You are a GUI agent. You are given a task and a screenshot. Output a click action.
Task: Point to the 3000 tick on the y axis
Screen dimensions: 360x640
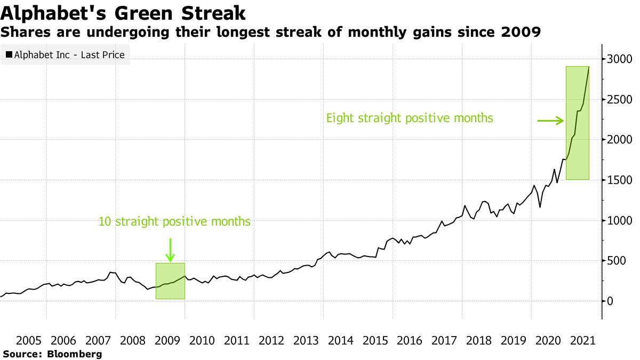tap(619, 59)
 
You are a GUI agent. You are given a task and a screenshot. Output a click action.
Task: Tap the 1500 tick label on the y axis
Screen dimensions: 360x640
tap(619, 180)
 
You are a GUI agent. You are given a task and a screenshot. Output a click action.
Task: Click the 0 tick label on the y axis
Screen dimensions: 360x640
tap(610, 301)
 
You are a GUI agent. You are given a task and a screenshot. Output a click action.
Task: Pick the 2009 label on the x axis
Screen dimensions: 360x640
tap(167, 341)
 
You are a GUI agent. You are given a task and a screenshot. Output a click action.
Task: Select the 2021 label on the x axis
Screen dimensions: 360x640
tap(581, 341)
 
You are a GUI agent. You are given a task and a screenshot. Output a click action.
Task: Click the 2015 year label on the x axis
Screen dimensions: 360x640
tap(374, 341)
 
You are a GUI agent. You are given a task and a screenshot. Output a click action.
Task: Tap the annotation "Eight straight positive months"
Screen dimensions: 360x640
tap(410, 118)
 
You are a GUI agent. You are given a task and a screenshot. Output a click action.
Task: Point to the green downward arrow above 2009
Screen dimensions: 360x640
tap(170, 250)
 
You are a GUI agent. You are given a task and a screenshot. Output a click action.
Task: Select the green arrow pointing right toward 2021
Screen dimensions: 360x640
tap(550, 121)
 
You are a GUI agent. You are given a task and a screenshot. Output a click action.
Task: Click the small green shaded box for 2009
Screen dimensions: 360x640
tap(170, 281)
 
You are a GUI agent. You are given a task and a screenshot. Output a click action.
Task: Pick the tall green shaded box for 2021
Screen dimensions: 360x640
tap(578, 123)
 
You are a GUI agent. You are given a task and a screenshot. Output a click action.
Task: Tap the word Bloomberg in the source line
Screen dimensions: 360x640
tap(75, 354)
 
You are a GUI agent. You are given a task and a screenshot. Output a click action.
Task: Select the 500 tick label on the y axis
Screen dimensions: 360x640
tap(615, 260)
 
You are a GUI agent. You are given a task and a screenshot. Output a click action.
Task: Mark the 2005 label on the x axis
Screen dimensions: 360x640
tap(29, 341)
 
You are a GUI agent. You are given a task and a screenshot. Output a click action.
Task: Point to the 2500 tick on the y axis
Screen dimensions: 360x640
tap(619, 99)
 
